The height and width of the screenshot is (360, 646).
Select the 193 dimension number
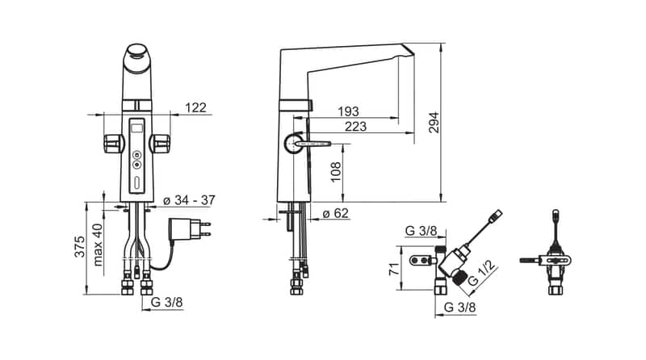348,111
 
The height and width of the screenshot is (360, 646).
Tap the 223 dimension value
354,126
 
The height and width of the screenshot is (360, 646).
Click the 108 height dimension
335,171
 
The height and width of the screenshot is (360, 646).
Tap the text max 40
98,245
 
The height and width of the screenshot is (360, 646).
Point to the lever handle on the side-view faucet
312,143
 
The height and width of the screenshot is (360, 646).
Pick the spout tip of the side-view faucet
406,52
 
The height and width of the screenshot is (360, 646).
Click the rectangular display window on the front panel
136,128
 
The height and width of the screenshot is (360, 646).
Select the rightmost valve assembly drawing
556,258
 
